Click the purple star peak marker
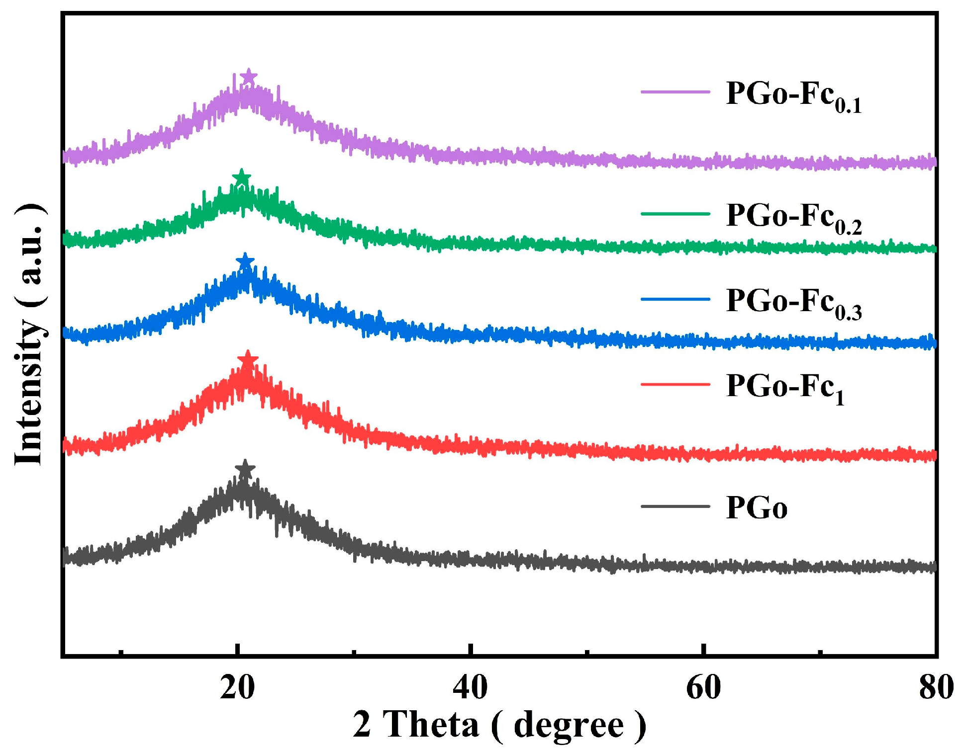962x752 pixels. [248, 78]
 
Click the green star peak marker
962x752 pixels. [241, 177]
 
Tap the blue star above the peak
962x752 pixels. [245, 261]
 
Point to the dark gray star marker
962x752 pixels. [245, 468]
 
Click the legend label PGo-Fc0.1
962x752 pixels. [793, 95]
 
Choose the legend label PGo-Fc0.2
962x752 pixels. [793, 217]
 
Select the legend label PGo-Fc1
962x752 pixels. [784, 388]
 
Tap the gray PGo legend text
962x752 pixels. [756, 508]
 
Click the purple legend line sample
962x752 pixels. [675, 92]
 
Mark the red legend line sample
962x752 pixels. [675, 384]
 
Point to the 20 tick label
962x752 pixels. [237, 688]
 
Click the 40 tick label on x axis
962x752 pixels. [470, 688]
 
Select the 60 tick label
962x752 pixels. [703, 688]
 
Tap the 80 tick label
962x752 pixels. [935, 688]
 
